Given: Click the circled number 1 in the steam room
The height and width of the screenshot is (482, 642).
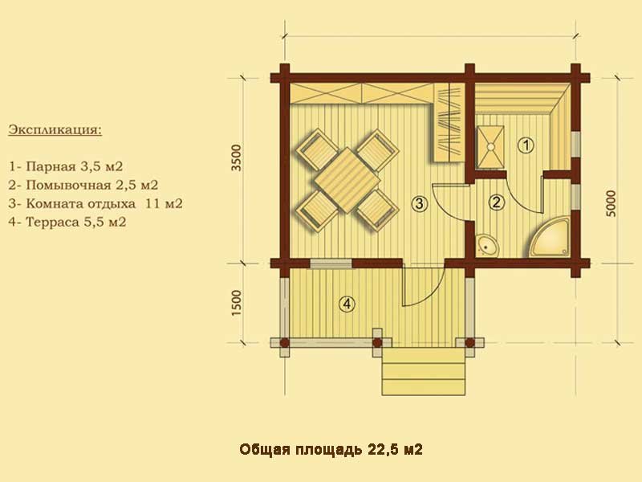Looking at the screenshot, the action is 526,145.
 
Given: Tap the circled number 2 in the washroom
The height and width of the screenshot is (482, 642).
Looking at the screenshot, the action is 497,202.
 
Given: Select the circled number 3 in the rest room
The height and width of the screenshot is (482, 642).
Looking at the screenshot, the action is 420,203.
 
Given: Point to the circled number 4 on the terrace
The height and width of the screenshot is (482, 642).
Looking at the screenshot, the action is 347,304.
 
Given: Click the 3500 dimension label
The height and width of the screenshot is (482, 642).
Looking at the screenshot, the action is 237,157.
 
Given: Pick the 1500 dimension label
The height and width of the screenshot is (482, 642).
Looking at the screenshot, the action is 237,303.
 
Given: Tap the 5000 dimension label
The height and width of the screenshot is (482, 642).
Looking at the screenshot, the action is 611,204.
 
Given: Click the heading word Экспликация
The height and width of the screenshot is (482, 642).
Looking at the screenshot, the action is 55,130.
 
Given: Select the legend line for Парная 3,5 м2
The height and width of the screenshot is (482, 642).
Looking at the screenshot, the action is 66,166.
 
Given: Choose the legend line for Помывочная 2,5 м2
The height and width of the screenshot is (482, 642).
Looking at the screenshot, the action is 83,185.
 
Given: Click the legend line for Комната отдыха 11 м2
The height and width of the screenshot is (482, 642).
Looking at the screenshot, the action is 95,203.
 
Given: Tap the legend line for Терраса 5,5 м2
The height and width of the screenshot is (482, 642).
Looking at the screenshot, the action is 67,222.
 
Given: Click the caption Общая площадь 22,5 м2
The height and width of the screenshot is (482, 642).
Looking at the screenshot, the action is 331,450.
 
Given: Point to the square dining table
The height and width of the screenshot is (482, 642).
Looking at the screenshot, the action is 347,180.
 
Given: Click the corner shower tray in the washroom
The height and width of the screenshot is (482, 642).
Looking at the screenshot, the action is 550,237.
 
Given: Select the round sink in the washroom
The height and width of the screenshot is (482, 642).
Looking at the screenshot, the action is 487,246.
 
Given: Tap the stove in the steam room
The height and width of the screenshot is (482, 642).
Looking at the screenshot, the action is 490,146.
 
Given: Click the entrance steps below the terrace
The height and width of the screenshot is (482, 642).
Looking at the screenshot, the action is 424,372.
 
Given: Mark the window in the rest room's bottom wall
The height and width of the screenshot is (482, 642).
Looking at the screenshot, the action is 331,263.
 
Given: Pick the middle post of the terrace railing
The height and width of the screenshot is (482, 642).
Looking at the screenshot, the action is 377,343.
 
